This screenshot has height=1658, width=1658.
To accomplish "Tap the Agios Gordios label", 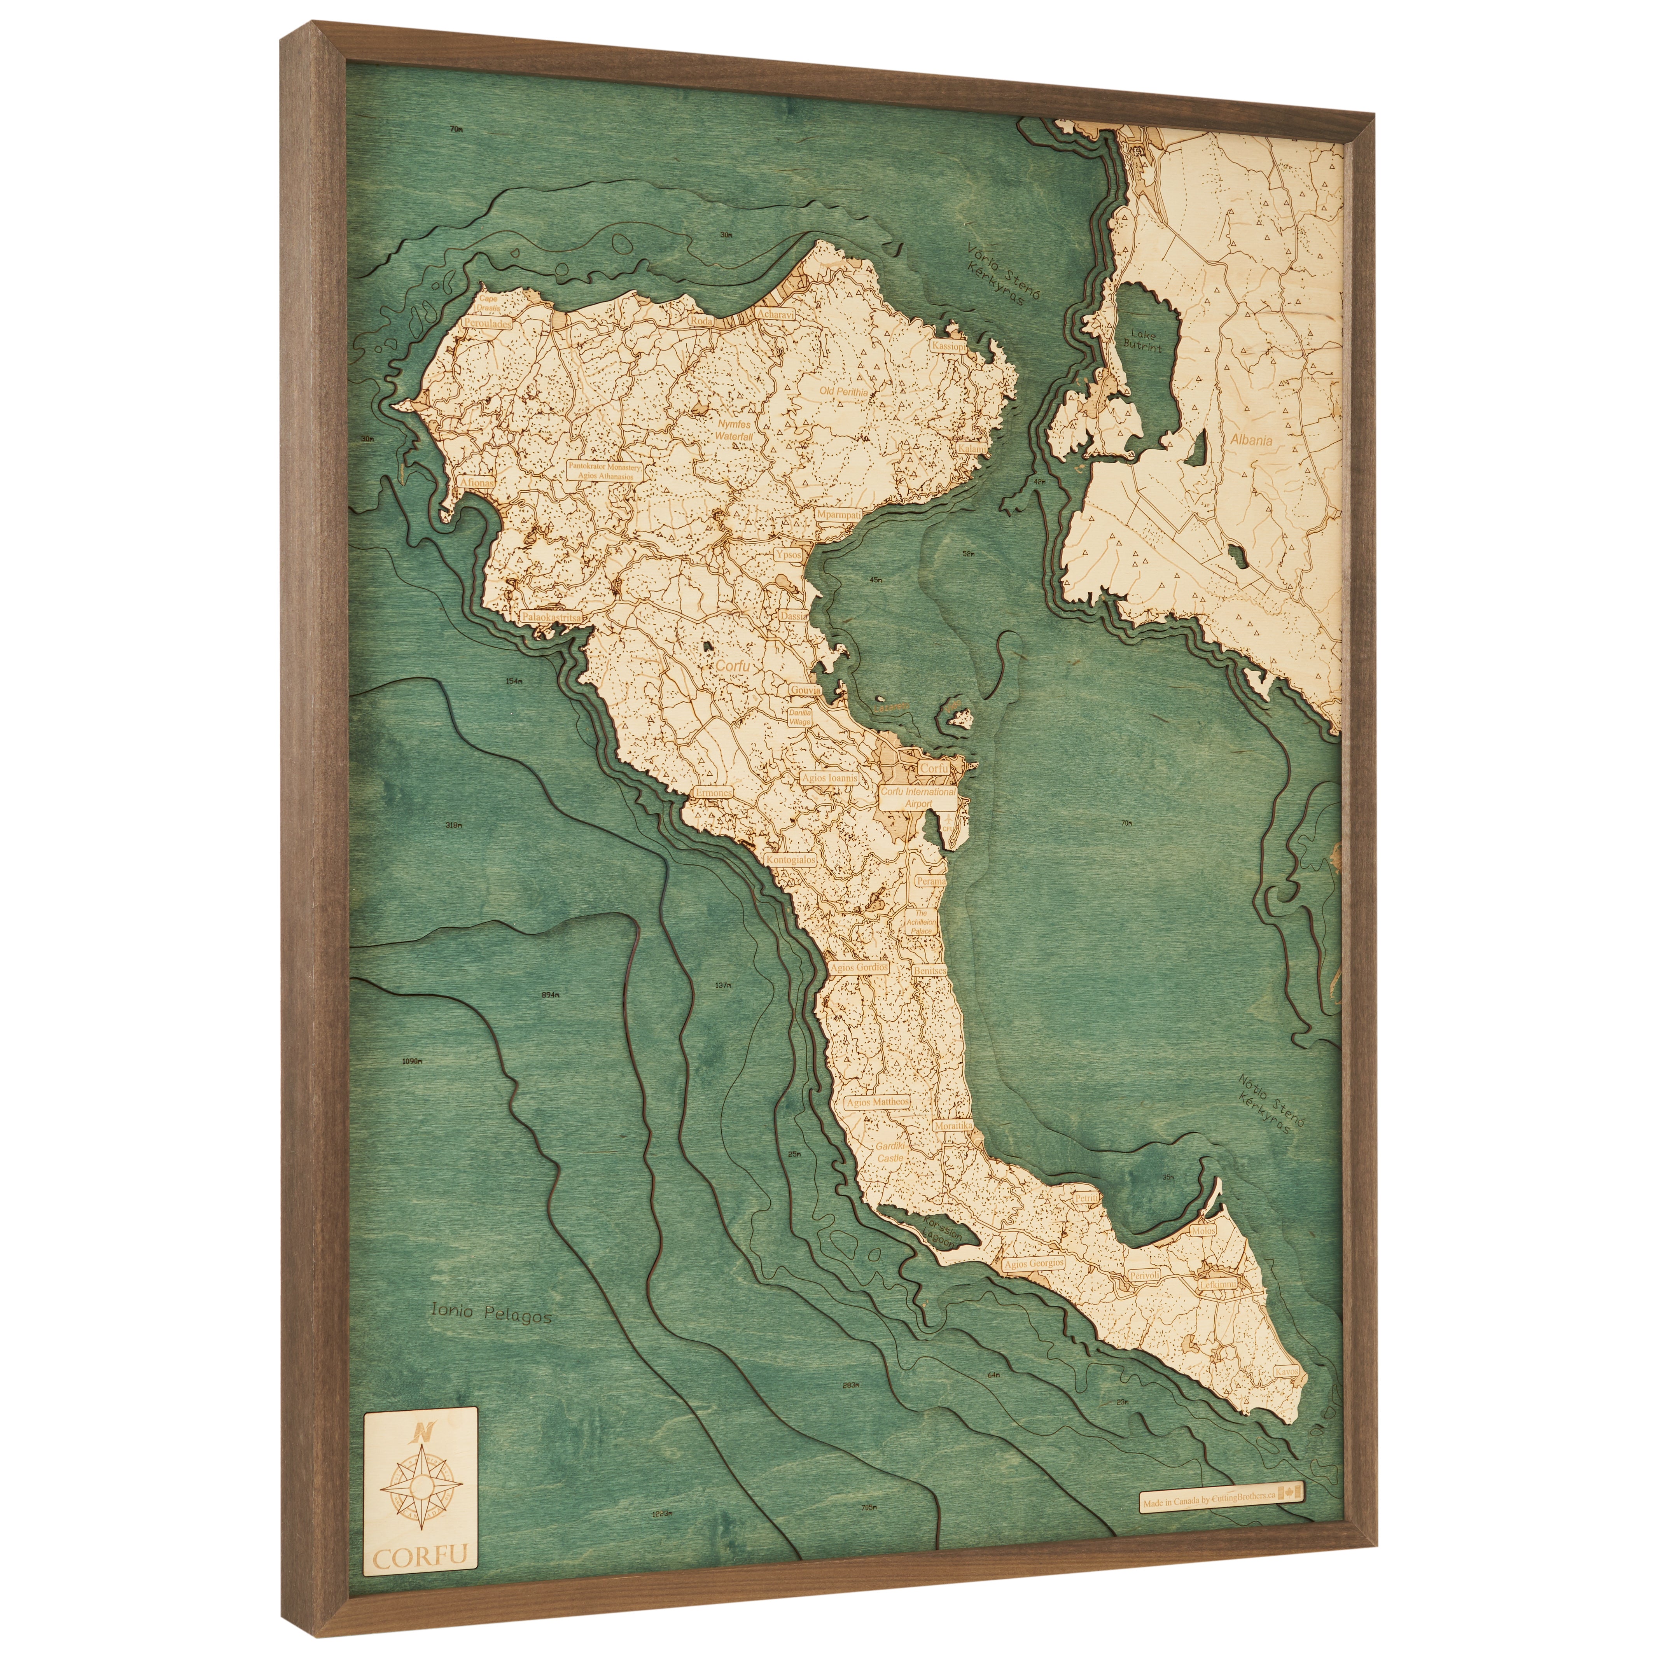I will pyautogui.click(x=858, y=967).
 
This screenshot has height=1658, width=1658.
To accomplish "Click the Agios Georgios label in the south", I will pyautogui.click(x=1034, y=1288).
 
